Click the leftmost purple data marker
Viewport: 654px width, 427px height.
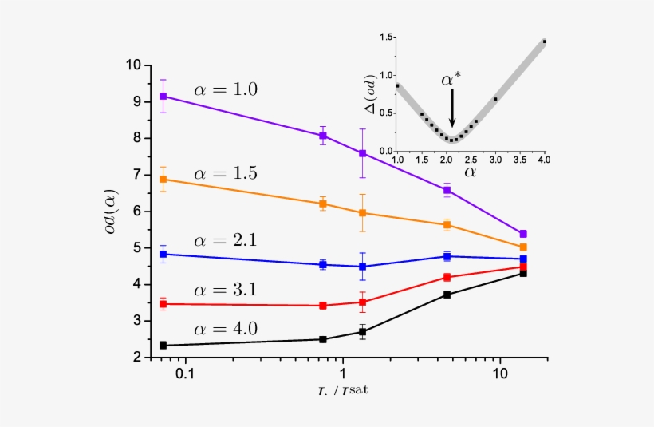pos(163,96)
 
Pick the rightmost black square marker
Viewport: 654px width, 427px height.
pos(523,273)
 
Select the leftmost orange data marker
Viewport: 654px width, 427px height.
pos(163,179)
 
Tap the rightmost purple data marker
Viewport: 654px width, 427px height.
pos(523,234)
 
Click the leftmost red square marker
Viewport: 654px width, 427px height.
pos(163,304)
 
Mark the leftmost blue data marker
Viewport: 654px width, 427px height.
pos(163,254)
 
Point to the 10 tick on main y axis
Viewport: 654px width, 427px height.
pos(135,65)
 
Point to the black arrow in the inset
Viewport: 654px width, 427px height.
pos(452,107)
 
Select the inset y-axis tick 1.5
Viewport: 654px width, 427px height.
pos(388,38)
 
